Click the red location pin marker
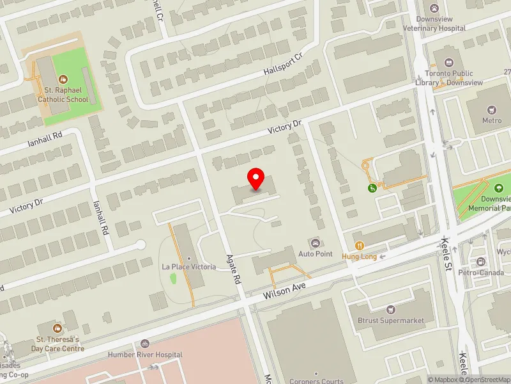[x=256, y=179]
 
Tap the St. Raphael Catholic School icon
[x=63, y=79]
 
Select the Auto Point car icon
[x=314, y=243]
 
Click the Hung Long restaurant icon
[x=360, y=246]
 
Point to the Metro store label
[x=492, y=120]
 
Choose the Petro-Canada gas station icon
[x=480, y=262]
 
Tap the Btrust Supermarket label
[x=390, y=320]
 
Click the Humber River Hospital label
[x=145, y=355]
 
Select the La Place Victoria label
[x=188, y=266]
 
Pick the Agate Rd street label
[x=233, y=269]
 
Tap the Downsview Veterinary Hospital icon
[x=434, y=8]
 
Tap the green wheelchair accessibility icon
[x=371, y=188]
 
